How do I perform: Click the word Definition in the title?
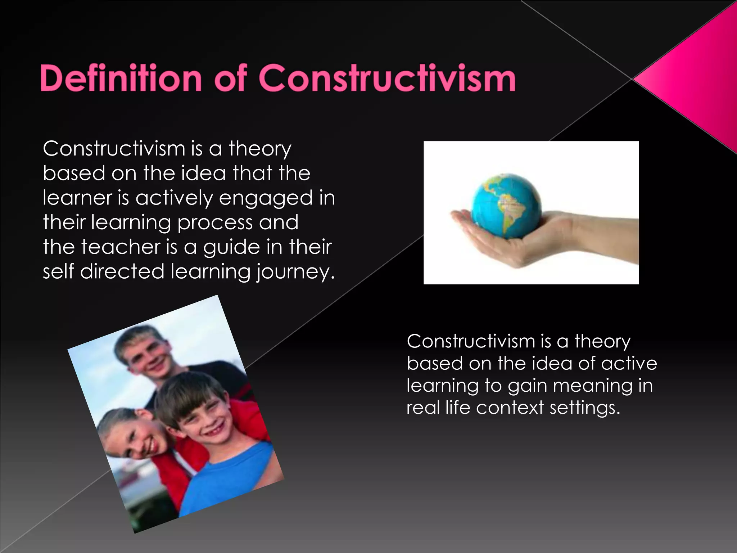[121, 78]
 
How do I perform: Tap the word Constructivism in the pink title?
[387, 78]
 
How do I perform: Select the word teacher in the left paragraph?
[121, 247]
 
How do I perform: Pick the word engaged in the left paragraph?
[266, 198]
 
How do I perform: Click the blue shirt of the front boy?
[230, 475]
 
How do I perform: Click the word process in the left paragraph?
[215, 222]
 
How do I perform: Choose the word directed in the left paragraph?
[122, 271]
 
